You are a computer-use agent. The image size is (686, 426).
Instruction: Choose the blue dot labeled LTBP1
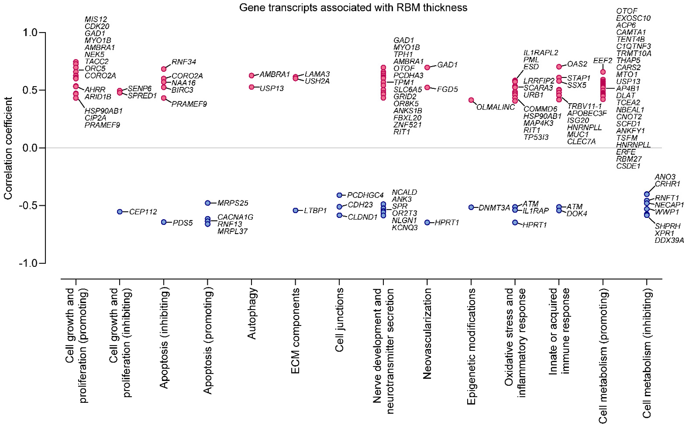296,211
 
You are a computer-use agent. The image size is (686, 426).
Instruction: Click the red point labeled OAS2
559,67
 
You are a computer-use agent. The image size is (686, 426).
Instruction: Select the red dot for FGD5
427,88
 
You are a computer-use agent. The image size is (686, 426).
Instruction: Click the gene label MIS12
96,20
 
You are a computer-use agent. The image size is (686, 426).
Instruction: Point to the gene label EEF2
603,61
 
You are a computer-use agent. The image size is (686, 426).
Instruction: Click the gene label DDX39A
669,240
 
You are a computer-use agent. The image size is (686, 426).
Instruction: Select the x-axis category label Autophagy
252,313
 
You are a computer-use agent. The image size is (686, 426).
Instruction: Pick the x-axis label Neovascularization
427,333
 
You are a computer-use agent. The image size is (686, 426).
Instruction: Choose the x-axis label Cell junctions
339,320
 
